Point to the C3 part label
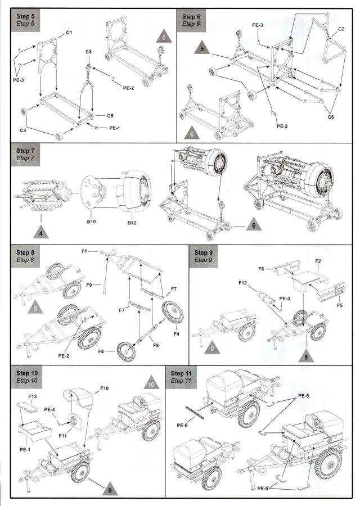(x=88, y=52)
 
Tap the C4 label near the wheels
(x=23, y=130)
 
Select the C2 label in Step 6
(x=341, y=28)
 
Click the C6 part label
(x=331, y=116)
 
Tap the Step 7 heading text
(x=25, y=151)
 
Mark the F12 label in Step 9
(x=243, y=282)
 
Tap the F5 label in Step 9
(x=339, y=305)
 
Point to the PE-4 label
(x=49, y=410)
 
